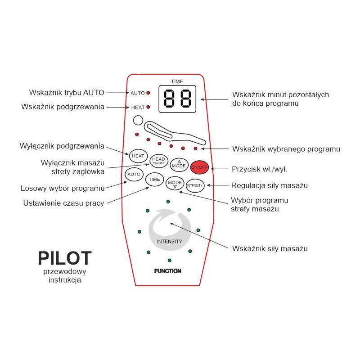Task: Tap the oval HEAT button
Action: coord(138,156)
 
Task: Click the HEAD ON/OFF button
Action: coord(158,161)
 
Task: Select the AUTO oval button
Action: coord(134,174)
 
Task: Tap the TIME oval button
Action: coord(154,179)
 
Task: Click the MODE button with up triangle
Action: coord(179,165)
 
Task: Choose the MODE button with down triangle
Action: coord(175,183)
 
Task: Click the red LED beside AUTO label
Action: coord(148,93)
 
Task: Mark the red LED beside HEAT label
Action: coord(148,107)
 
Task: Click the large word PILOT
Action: coord(65,258)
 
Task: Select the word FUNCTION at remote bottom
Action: coord(167,271)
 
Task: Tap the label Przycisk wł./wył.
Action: coord(259,169)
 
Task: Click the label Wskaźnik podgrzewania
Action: coord(63,107)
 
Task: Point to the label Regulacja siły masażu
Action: coord(270,185)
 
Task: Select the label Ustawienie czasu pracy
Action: coord(63,203)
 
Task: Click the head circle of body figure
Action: coord(138,121)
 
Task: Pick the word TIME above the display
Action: coord(177,81)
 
